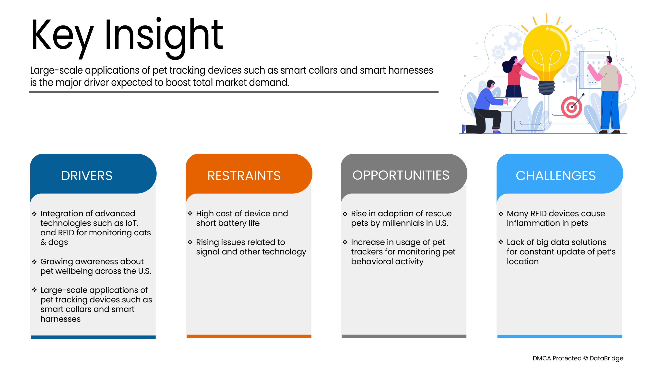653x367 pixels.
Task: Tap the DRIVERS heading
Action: (87, 176)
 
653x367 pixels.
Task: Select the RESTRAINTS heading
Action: (244, 176)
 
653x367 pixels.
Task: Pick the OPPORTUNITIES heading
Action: (401, 175)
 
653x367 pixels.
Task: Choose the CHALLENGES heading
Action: (556, 176)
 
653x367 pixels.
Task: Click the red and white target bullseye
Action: (571, 107)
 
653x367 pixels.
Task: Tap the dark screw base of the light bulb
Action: (546, 88)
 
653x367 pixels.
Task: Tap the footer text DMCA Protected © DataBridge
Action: (578, 358)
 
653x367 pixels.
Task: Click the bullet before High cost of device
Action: (190, 214)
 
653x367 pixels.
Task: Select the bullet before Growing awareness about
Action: (35, 262)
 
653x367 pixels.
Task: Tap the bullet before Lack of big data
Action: (501, 242)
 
